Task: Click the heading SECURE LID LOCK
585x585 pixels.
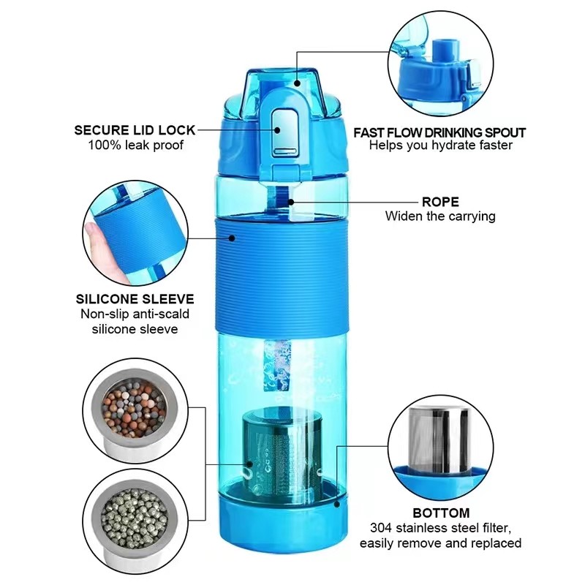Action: [135, 130]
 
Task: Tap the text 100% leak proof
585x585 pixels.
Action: [135, 145]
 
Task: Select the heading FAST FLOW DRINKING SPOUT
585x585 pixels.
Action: [439, 132]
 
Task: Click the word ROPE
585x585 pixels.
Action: [439, 201]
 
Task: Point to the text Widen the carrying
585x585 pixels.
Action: [439, 216]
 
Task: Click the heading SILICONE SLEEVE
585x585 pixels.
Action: [135, 299]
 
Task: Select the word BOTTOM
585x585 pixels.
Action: [440, 513]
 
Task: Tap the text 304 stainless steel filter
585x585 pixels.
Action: [440, 528]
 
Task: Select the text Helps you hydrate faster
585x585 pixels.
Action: [439, 146]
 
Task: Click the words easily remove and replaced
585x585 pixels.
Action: [440, 543]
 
